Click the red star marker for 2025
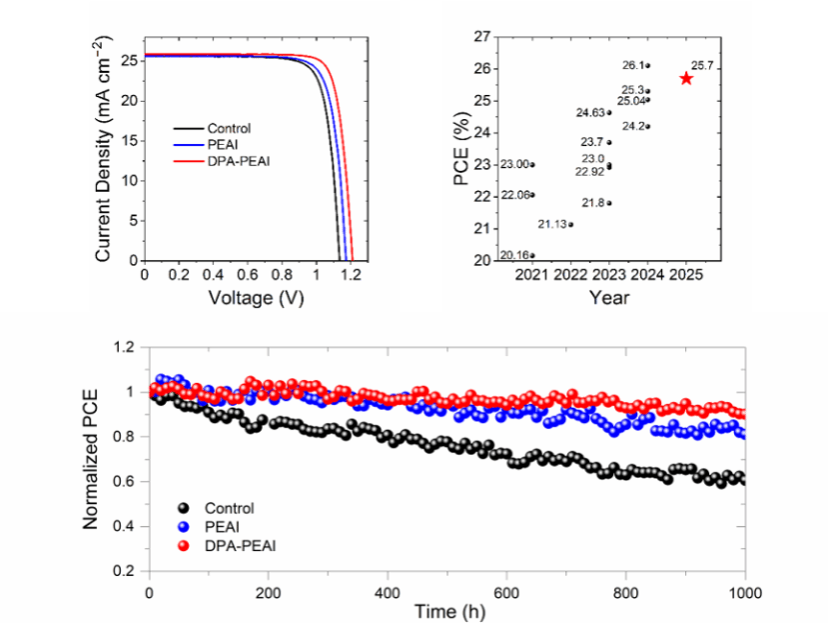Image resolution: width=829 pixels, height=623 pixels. tap(686, 78)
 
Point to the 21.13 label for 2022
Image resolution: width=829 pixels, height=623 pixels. tap(550, 224)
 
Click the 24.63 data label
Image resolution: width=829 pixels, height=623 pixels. tap(590, 113)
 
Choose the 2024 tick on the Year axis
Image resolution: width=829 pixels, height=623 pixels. tap(647, 274)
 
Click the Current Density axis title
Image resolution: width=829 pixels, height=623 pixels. tap(103, 146)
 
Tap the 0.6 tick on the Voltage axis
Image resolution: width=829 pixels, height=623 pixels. tap(248, 274)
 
